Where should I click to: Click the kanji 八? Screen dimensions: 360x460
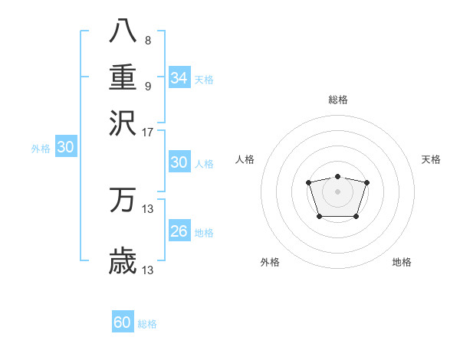coord(123,31)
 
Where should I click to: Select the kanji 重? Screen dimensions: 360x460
coord(123,77)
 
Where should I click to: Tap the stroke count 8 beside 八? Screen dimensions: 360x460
coord(147,41)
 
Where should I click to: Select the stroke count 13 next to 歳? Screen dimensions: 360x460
coord(148,270)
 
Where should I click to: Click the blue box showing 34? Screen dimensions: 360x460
coord(179,77)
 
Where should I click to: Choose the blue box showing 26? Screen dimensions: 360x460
coord(179,231)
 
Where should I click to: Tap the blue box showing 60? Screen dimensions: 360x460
coord(123,322)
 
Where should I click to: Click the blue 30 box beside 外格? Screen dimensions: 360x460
coord(65,148)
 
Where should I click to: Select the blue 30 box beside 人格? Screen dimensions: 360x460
coord(179,162)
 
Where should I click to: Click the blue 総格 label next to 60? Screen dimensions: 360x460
coord(148,324)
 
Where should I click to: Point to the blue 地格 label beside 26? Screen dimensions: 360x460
coord(204,232)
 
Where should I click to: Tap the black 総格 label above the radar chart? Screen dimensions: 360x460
coord(337,100)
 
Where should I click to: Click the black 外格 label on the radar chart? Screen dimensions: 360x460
coord(270,262)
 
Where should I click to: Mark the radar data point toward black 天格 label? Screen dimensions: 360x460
coord(366,182)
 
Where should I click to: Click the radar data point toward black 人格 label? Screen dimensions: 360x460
coord(308,182)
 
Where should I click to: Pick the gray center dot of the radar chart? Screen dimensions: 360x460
coord(337,191)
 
